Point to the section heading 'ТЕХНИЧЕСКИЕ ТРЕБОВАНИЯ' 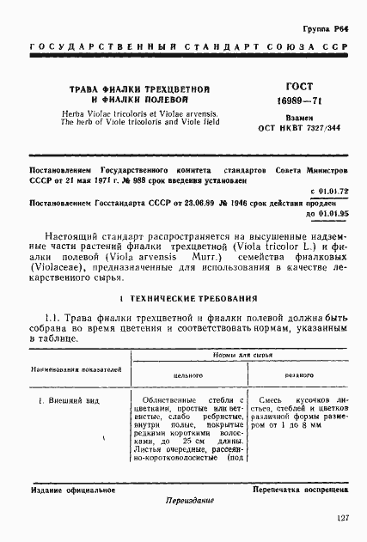187,297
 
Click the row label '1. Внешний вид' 68,401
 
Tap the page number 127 342,519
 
